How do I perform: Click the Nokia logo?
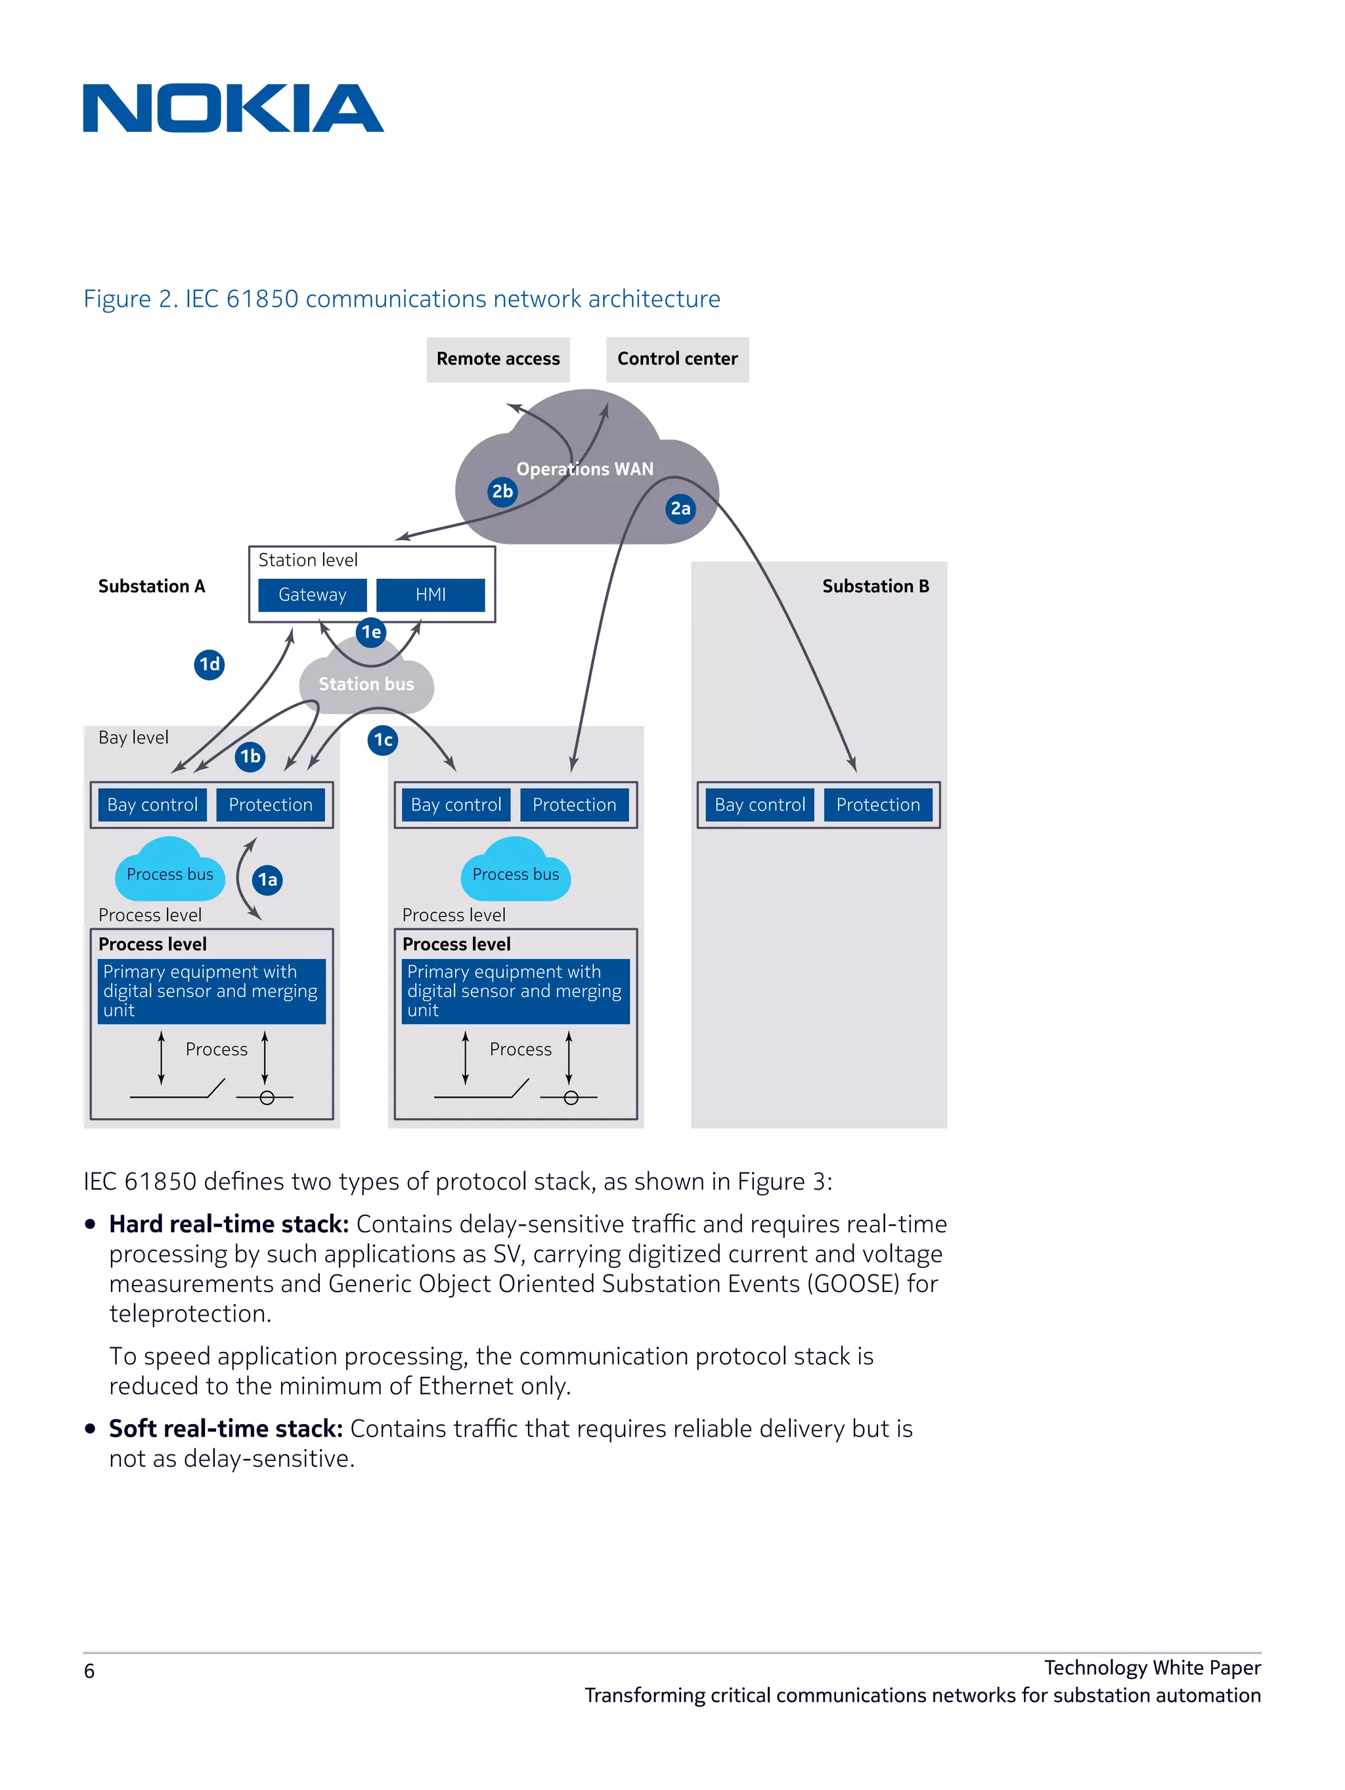coord(232,108)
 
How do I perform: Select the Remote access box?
coord(498,359)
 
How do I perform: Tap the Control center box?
coord(676,359)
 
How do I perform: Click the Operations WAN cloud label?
coord(584,468)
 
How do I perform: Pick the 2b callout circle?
coord(502,491)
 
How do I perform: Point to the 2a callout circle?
coord(680,508)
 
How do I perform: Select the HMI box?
coord(431,594)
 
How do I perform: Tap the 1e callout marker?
coord(370,632)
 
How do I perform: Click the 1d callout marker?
coord(209,664)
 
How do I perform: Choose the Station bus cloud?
coord(366,684)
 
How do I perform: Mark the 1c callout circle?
coord(383,740)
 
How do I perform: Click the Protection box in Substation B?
coord(877,805)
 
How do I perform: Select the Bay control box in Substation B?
coord(759,805)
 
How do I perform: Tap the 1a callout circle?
coord(267,880)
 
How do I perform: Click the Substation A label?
coord(151,586)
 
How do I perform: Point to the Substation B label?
coord(875,586)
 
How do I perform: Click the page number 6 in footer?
coord(89,1671)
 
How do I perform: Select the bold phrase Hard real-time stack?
coord(228,1224)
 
